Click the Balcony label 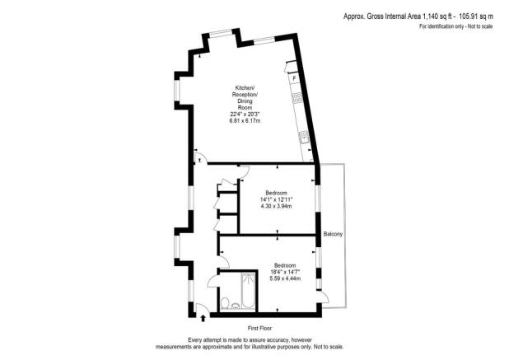click(x=333, y=234)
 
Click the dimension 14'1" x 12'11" click(x=277, y=199)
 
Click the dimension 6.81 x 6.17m click(x=244, y=121)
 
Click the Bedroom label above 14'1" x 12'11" click(x=276, y=192)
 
